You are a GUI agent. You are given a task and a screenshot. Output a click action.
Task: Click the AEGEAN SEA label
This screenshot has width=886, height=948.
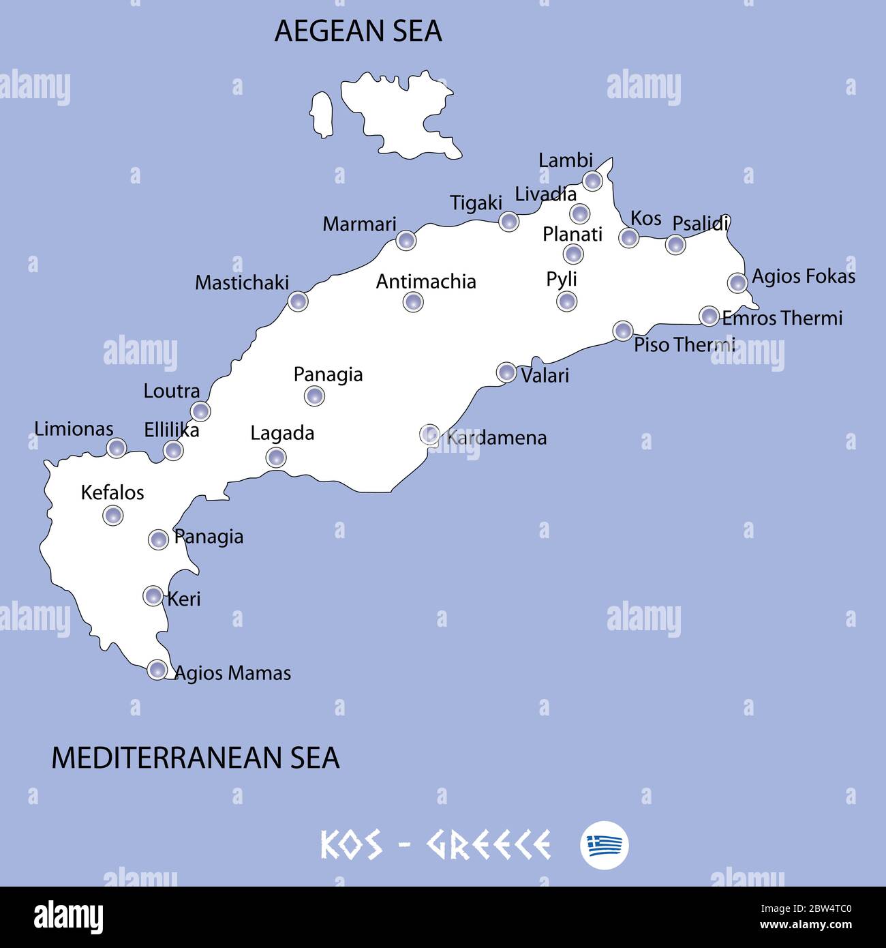[x=358, y=31]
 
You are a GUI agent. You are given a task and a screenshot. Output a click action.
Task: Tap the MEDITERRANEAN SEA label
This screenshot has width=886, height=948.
[x=196, y=758]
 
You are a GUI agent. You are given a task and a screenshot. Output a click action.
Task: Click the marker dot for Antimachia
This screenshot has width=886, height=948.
[x=413, y=301]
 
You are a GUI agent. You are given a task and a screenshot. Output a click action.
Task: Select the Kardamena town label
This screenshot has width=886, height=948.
[x=497, y=438]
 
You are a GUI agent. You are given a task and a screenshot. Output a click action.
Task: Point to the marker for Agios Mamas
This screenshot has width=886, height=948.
[x=157, y=670]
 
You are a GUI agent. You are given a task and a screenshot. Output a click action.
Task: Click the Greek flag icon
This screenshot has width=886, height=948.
[x=605, y=845]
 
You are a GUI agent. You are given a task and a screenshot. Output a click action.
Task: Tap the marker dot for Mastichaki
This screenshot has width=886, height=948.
[x=298, y=301]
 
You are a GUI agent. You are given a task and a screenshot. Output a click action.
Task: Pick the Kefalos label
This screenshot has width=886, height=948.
[x=112, y=492]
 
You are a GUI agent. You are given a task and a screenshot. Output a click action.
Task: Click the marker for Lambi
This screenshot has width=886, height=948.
[x=593, y=181]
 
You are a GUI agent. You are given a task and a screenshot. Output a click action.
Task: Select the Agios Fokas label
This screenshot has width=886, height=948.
[x=804, y=277]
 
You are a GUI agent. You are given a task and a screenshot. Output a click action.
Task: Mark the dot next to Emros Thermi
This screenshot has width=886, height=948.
[x=709, y=316]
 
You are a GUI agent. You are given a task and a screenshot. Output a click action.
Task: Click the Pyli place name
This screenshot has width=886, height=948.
[x=562, y=279]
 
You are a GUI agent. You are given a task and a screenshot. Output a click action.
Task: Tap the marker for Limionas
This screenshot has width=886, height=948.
[x=117, y=448]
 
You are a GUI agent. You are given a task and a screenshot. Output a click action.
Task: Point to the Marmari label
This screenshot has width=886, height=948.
[x=359, y=224]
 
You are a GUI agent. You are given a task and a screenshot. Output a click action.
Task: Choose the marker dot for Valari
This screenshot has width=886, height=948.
[x=506, y=372]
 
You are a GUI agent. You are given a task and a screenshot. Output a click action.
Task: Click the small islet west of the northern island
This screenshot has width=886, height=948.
[x=320, y=114]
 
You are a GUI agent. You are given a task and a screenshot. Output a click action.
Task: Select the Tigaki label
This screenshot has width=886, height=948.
[x=476, y=203]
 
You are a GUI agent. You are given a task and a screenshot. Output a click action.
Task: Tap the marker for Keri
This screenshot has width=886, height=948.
[x=153, y=596]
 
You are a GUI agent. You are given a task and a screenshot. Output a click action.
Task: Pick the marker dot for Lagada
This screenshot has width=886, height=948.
[x=276, y=457]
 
